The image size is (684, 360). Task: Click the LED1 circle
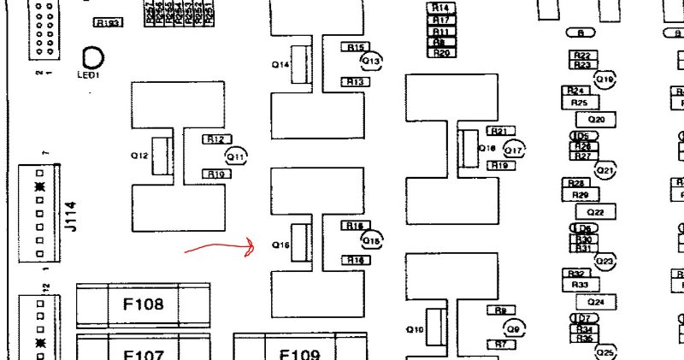click(91, 58)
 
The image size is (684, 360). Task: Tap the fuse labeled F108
click(143, 304)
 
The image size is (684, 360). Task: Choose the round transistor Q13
click(371, 61)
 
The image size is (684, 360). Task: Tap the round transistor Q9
click(514, 328)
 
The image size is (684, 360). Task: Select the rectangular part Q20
click(596, 119)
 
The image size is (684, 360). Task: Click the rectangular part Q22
click(596, 211)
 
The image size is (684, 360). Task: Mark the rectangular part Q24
click(596, 302)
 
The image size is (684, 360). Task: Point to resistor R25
click(579, 103)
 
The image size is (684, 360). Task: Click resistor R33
click(579, 285)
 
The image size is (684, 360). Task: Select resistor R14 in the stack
click(441, 8)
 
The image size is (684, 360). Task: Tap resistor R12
click(215, 139)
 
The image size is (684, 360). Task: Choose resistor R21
click(498, 131)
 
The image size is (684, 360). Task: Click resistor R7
click(499, 345)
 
